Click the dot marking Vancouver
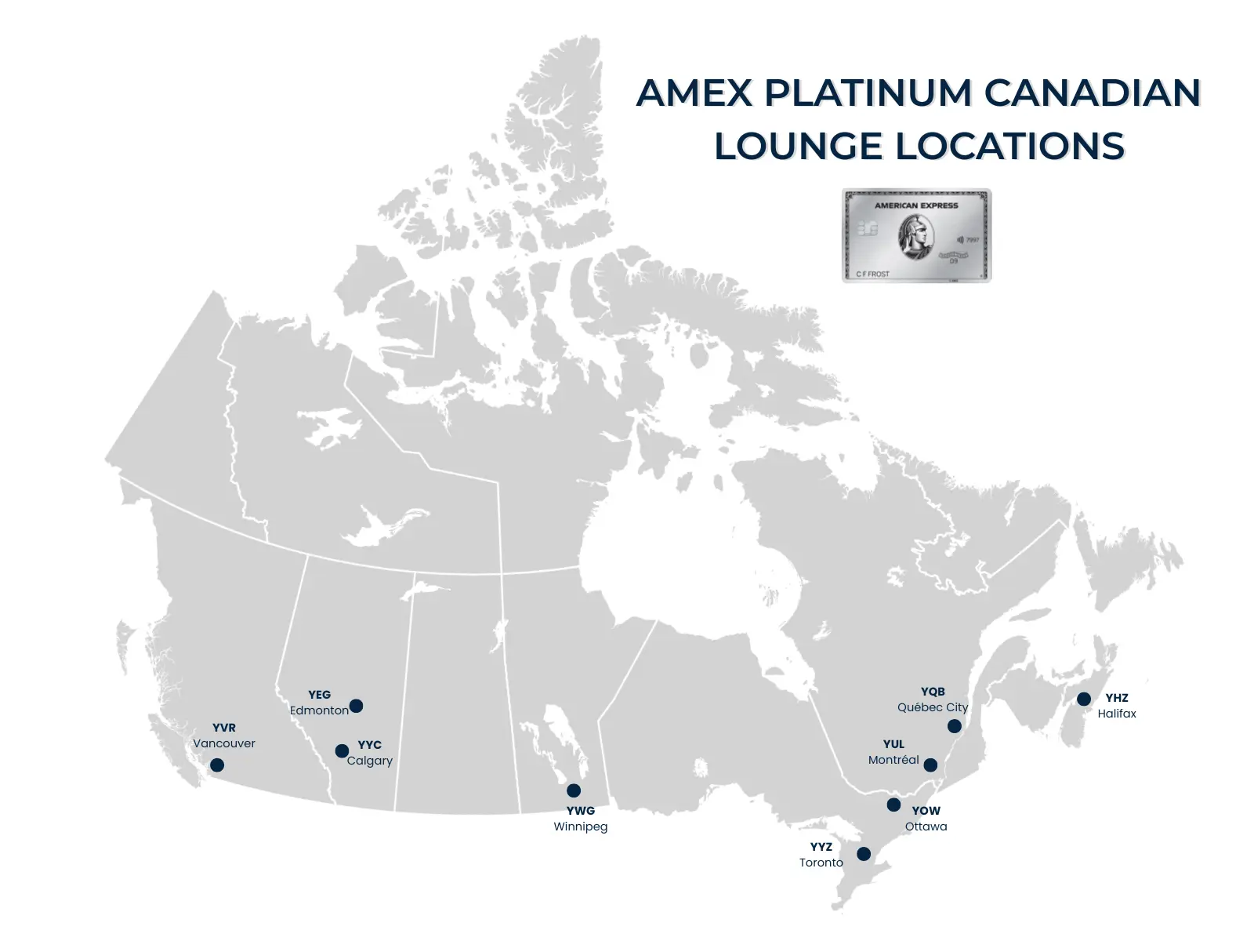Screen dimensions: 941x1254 coord(217,765)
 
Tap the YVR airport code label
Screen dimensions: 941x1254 coord(224,728)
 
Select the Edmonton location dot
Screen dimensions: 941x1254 coord(356,706)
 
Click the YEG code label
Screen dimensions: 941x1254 coord(320,695)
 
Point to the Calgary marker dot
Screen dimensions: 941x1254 coord(342,751)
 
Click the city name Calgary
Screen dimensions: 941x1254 coord(370,761)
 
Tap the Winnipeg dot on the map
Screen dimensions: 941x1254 coord(574,790)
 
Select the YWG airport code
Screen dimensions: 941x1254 coord(581,811)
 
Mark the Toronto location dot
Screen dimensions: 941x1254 coord(864,854)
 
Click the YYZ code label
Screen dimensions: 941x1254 coord(821,847)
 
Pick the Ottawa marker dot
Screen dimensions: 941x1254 coord(893,805)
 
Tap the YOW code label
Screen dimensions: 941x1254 coord(926,811)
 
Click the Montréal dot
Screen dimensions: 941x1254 coord(930,765)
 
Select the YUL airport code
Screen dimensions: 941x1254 coord(893,744)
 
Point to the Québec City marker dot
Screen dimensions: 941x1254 coord(955,726)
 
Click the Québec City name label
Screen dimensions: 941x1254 coord(933,707)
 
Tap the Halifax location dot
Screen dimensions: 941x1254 coord(1084,699)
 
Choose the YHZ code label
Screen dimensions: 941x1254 coord(1117,698)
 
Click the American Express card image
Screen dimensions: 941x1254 coord(916,235)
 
